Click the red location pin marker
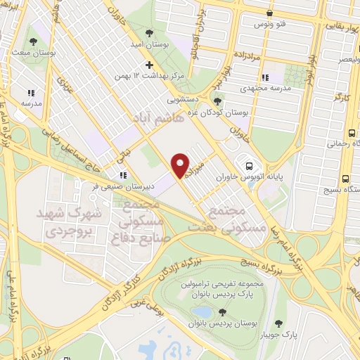click(181, 165)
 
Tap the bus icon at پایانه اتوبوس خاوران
click(249, 166)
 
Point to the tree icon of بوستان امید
click(148, 32)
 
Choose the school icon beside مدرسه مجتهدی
click(264, 77)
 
